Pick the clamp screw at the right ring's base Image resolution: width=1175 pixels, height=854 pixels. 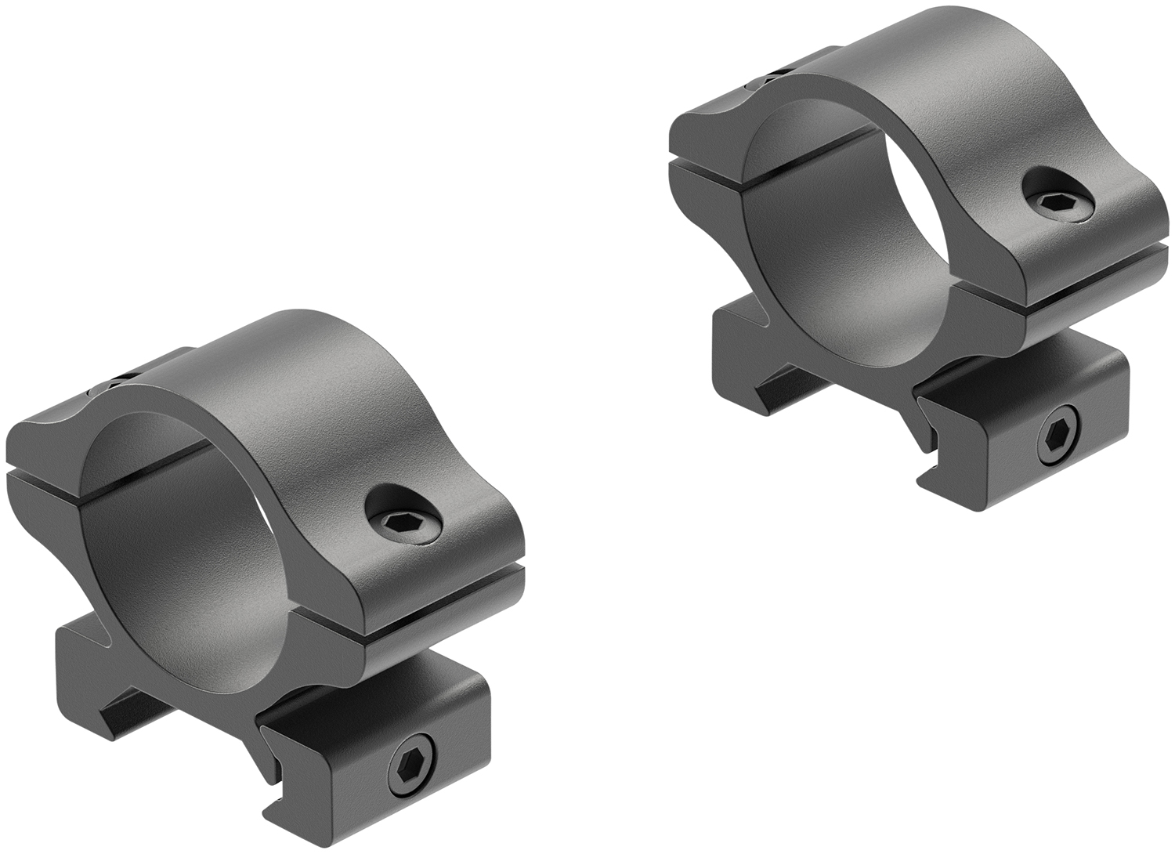pos(1061,440)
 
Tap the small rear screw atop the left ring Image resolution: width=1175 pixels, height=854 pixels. pos(117,382)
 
